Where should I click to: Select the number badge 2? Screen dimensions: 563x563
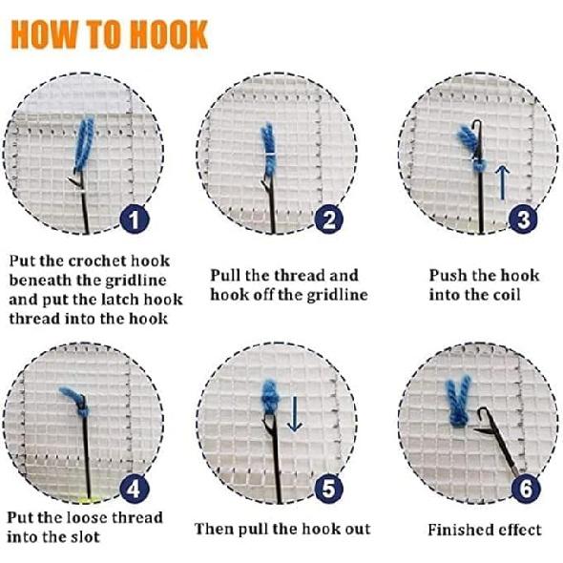coord(328,220)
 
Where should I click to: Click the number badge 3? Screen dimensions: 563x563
coord(522,220)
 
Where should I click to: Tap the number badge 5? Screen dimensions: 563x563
coord(328,490)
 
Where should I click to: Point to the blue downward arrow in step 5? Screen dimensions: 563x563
coord(295,413)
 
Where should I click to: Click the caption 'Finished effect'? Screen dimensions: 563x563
coord(484,530)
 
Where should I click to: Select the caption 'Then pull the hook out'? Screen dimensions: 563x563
coord(282,529)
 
